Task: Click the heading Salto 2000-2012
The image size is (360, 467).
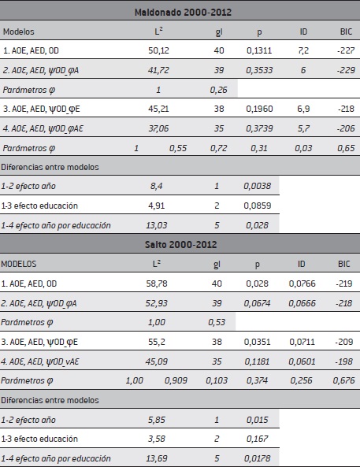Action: click(x=180, y=245)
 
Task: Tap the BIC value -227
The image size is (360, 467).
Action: click(x=340, y=50)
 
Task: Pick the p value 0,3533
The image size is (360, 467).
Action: click(x=260, y=70)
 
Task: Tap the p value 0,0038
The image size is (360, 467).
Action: click(x=260, y=187)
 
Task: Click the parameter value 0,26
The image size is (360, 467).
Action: click(x=217, y=90)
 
